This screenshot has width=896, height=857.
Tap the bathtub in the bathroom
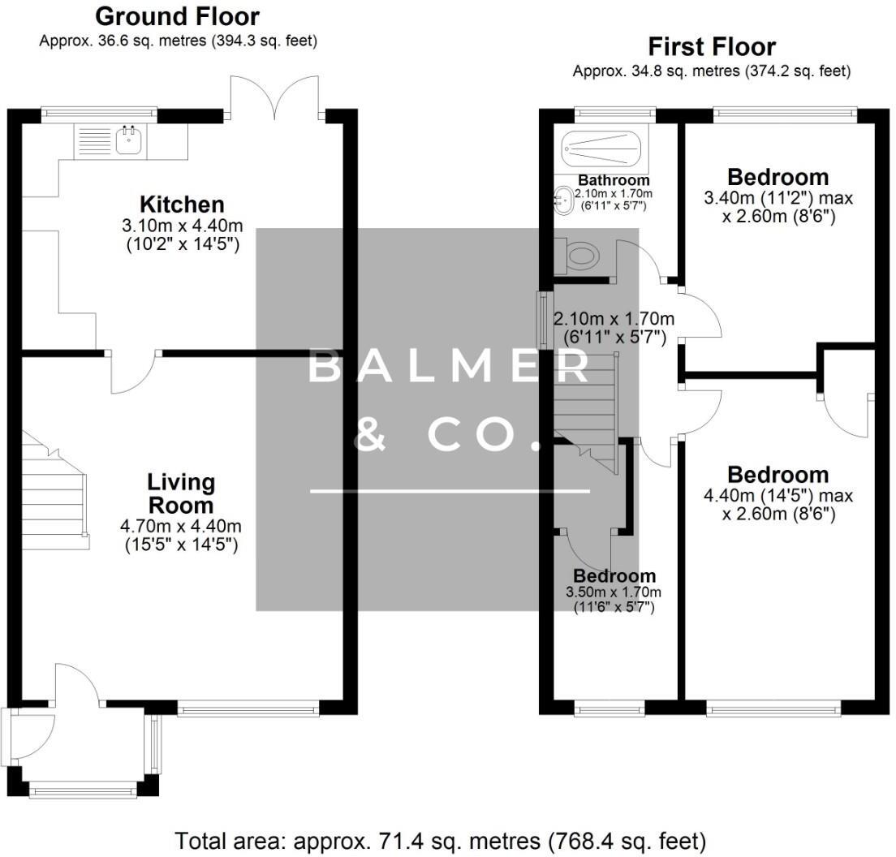click(601, 148)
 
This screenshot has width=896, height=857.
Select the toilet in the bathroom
click(581, 257)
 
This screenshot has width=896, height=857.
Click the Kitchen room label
click(182, 205)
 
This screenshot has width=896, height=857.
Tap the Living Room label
click(181, 493)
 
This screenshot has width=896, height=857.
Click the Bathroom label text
click(614, 180)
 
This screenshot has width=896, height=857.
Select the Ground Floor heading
click(178, 16)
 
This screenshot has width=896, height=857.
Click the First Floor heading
click(711, 46)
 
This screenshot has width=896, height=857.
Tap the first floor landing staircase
click(586, 406)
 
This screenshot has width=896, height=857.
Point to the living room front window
click(248, 709)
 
